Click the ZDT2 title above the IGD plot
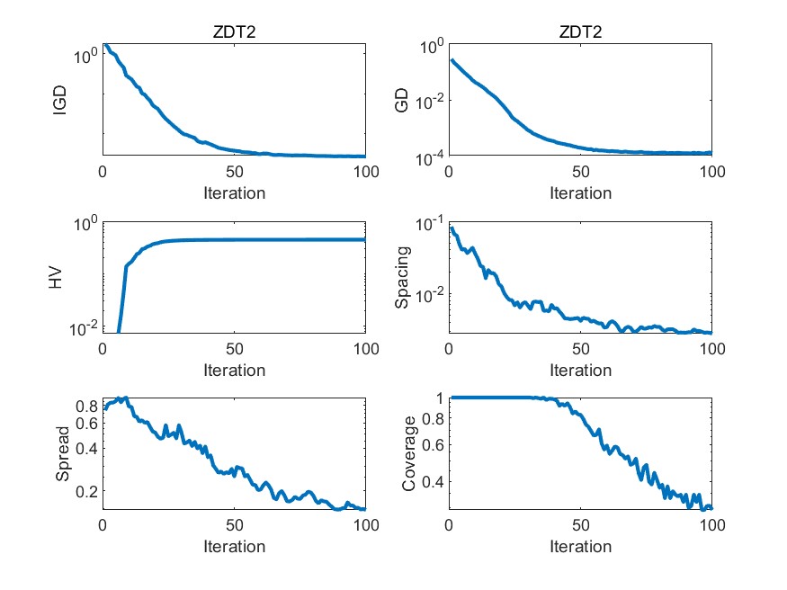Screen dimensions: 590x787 pos(234,33)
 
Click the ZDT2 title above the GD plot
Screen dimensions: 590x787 pos(580,33)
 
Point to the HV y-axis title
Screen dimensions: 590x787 pos(56,278)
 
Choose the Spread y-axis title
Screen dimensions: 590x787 pos(62,454)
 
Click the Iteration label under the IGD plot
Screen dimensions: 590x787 pos(234,193)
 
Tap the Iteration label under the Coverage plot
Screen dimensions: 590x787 pos(580,547)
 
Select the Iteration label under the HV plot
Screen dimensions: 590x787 pos(234,371)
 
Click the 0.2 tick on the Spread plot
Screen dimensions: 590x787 pos(85,492)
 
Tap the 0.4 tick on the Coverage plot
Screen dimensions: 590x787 pos(432,482)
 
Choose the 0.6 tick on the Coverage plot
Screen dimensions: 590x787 pos(432,445)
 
